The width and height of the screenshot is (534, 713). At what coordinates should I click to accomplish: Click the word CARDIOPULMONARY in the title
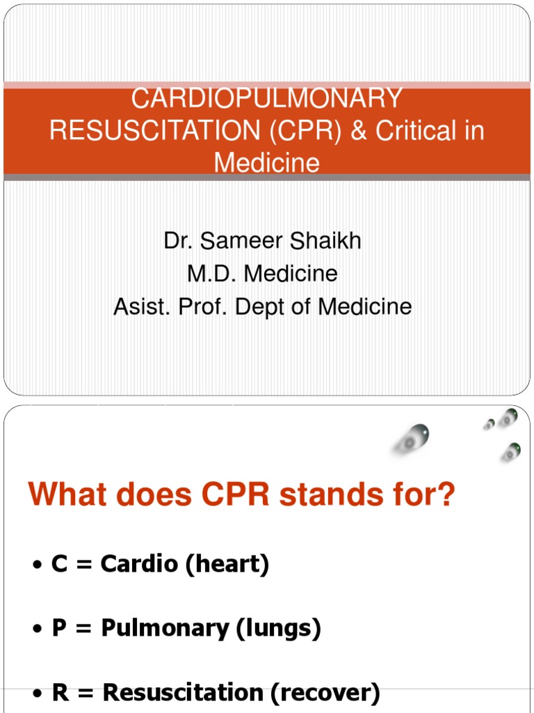point(266,98)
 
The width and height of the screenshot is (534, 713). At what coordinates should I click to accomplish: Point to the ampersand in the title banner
point(359,130)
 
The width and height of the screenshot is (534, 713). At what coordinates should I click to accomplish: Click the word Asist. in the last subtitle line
point(141,306)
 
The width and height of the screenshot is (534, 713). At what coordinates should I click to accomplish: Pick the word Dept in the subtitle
point(259,306)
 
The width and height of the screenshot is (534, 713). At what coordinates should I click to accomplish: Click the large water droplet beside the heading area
point(412,439)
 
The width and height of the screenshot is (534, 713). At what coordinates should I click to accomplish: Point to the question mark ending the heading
point(446,495)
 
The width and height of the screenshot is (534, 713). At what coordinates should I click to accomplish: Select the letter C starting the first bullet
point(60,564)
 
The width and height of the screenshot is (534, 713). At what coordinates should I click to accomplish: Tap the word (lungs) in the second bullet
point(279,629)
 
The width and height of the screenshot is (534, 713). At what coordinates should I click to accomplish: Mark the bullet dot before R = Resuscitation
point(38,694)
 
